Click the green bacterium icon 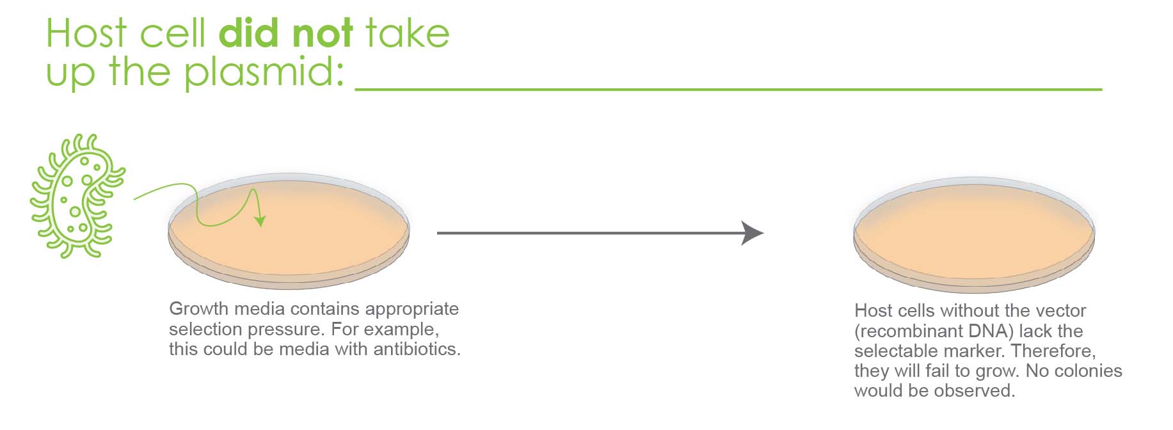pos(77,196)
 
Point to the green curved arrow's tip pos(260,226)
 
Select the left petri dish pos(289,230)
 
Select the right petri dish pos(974,235)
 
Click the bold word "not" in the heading pos(322,33)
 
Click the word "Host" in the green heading pos(86,33)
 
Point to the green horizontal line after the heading pos(728,90)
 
